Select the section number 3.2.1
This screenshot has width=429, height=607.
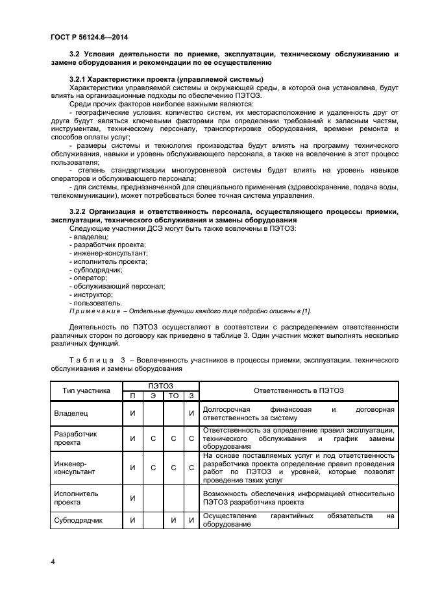79,79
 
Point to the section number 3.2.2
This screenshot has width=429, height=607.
79,211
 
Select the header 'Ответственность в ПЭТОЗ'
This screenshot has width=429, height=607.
299,390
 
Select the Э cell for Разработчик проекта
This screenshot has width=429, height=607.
153,438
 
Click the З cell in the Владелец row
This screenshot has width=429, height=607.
191,412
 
